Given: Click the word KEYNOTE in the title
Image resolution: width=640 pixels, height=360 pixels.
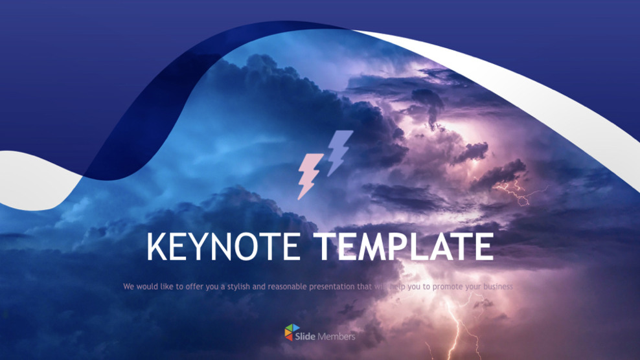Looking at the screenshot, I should (x=223, y=247).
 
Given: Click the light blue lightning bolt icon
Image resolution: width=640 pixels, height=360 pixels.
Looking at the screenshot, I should (x=339, y=152).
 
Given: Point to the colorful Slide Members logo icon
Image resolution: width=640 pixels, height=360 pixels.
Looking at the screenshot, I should (x=292, y=333).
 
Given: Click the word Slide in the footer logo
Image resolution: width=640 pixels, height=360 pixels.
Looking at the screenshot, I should (x=305, y=336).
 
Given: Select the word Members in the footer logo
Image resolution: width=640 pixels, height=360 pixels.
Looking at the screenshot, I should (x=336, y=336).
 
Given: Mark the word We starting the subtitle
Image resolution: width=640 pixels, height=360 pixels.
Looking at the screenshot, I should (x=128, y=286).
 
